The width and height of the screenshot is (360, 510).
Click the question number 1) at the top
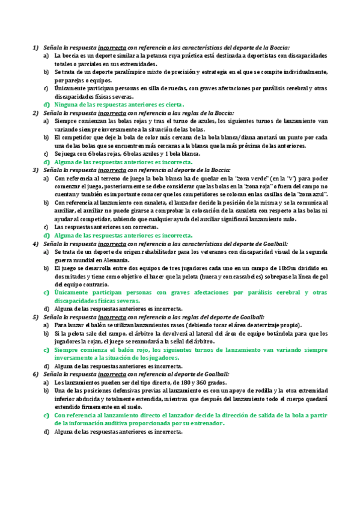click(34, 47)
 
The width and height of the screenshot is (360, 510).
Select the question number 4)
click(34, 244)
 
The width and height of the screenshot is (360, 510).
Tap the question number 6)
click(34, 374)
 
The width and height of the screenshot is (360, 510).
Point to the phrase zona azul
click(311, 195)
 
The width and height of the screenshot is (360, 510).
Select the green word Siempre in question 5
click(66, 349)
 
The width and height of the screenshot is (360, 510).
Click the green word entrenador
click(206, 423)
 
